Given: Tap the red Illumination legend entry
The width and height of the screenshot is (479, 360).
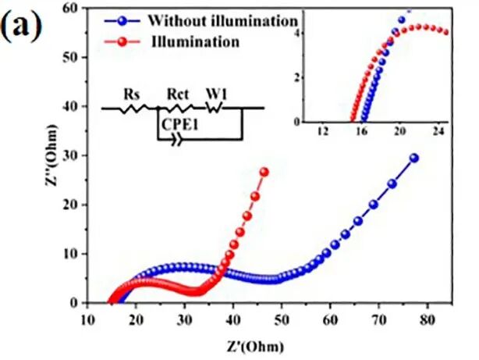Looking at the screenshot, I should (194, 41).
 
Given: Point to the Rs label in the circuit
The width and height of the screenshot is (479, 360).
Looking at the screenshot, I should (132, 95).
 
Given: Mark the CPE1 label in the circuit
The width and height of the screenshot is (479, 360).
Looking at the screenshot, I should (179, 123).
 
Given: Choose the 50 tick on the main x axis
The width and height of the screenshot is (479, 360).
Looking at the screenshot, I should (281, 319).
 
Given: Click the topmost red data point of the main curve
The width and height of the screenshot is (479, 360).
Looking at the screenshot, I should (264, 172).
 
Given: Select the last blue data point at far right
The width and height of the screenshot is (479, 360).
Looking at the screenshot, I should (413, 158).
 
